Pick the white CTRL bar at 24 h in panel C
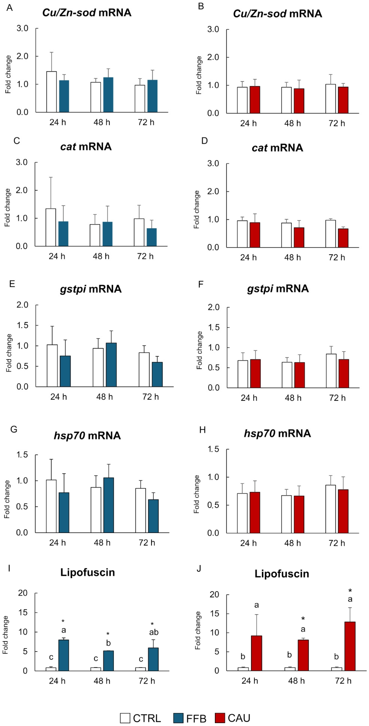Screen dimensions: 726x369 pos(51,227)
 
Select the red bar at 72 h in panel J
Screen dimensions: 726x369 pos(350,646)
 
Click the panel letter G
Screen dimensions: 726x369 pos(14,429)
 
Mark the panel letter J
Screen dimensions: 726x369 pos(199,568)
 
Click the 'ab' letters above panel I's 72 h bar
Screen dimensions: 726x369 pos(154,632)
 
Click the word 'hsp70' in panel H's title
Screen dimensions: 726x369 pos(259,433)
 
